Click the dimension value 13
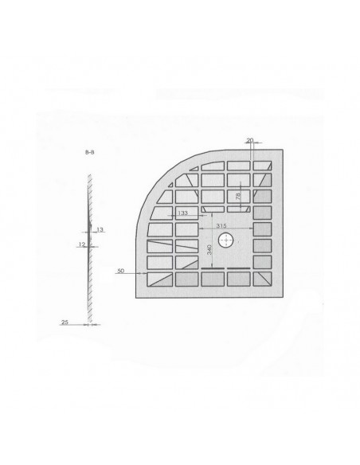pyautogui.click(x=100, y=229)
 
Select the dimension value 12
pyautogui.click(x=81, y=244)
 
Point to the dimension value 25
pyautogui.click(x=65, y=323)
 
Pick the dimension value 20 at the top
pyautogui.click(x=250, y=141)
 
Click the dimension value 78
pyautogui.click(x=237, y=196)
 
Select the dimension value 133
pyautogui.click(x=182, y=214)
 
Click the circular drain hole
pyautogui.click(x=227, y=240)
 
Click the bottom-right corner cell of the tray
pyautogui.click(x=264, y=279)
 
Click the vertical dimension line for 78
pyautogui.click(x=241, y=197)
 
